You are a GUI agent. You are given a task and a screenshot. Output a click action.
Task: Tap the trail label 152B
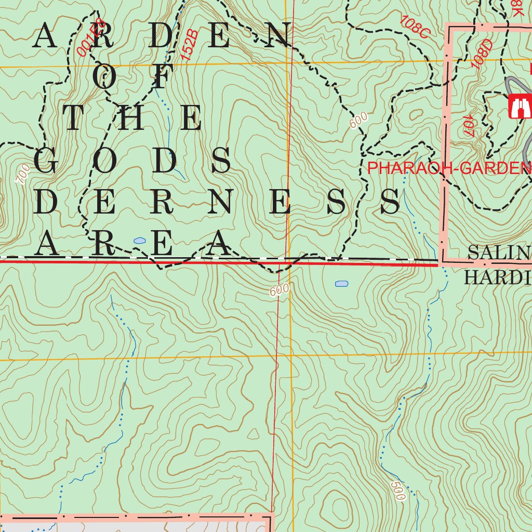[190, 45]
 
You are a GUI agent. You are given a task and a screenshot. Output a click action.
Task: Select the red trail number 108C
[415, 26]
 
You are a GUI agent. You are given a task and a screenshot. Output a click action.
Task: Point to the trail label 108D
[482, 54]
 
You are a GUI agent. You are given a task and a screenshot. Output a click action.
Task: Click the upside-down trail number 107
[468, 125]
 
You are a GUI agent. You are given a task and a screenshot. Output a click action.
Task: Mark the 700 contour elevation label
[22, 174]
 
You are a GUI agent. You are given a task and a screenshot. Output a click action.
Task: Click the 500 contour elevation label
[397, 490]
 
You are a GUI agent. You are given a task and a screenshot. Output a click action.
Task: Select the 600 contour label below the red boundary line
[279, 290]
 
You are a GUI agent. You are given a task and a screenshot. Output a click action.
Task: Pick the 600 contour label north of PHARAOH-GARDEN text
[358, 120]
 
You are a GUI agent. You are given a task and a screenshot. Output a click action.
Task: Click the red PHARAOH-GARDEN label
[449, 168]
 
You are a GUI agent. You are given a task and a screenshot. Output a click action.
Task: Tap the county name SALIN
[499, 254]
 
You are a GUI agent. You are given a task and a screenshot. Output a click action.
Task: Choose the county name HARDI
[497, 278]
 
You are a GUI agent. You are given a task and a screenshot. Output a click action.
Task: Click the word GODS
[132, 161]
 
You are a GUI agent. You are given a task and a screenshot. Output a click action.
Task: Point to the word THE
[132, 118]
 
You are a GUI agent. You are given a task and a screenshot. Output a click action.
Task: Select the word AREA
[132, 244]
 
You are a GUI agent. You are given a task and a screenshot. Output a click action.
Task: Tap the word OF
[132, 77]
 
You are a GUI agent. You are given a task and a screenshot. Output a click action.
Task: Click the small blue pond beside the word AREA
[139, 241]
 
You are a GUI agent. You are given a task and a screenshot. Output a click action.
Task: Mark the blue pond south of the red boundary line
[341, 284]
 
